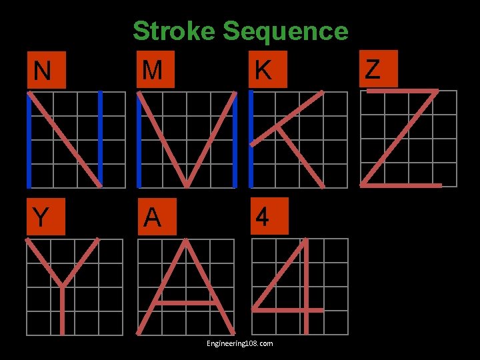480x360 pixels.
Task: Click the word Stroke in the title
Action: [174, 31]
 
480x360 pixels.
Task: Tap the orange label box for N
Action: [46, 69]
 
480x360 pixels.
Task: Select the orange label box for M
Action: [155, 69]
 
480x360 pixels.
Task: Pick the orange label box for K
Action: [266, 69]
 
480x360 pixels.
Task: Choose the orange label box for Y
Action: [46, 217]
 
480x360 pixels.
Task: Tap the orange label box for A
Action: [155, 217]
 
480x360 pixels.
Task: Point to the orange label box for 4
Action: [266, 217]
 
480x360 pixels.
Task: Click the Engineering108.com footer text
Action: [240, 343]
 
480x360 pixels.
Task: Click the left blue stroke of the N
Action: [29, 140]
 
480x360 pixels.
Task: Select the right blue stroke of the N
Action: [100, 140]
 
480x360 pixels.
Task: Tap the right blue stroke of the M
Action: [237, 140]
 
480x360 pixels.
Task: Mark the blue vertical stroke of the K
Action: [251, 140]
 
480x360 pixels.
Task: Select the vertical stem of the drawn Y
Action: [62, 310]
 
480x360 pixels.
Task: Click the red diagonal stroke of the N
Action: [65, 140]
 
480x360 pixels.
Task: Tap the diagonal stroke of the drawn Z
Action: [400, 137]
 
